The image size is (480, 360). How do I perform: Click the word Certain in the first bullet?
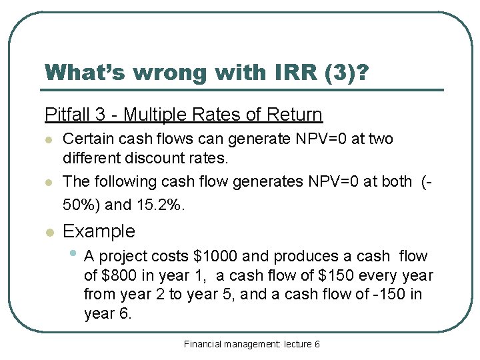(87, 139)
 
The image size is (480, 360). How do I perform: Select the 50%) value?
(84, 204)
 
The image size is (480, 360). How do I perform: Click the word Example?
(99, 231)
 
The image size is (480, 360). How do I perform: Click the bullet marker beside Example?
(48, 232)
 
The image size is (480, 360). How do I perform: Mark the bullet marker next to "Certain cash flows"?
(48, 140)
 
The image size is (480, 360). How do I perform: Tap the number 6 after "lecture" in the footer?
(317, 344)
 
